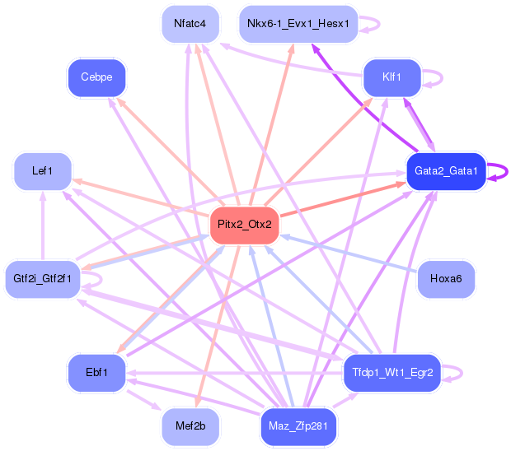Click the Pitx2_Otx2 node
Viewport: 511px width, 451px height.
pos(244,225)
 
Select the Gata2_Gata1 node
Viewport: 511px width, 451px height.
pos(446,170)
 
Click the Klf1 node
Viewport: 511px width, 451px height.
pos(391,77)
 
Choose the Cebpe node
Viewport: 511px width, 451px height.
pos(96,77)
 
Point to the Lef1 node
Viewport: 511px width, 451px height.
pos(42,171)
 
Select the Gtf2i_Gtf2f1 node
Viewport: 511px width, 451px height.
pos(42,278)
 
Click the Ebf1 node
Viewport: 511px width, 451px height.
pos(96,372)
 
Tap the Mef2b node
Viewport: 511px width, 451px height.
pos(190,426)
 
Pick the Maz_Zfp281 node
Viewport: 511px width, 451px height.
pos(298,426)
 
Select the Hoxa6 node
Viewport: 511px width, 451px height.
pos(446,279)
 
